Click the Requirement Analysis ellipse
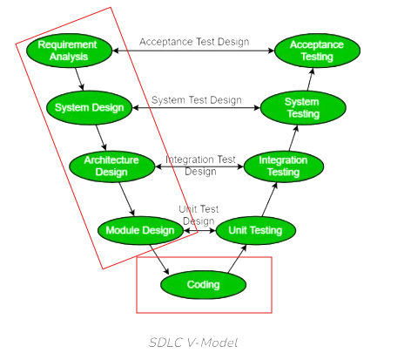(69, 51)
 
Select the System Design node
(90, 107)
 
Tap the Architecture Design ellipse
(111, 166)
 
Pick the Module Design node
(140, 230)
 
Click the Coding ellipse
(203, 284)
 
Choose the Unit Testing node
(256, 230)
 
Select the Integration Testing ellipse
(284, 166)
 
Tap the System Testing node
(303, 107)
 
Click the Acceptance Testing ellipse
(317, 51)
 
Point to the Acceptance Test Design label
(194, 42)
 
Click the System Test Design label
(197, 100)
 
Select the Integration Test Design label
(200, 166)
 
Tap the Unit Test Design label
(199, 215)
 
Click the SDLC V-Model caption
(193, 343)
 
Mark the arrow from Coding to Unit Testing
(237, 259)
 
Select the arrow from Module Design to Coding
(159, 260)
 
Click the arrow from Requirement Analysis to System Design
(79, 79)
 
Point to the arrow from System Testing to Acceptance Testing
(311, 79)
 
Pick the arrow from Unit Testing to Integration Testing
(270, 200)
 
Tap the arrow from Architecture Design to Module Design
(127, 199)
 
